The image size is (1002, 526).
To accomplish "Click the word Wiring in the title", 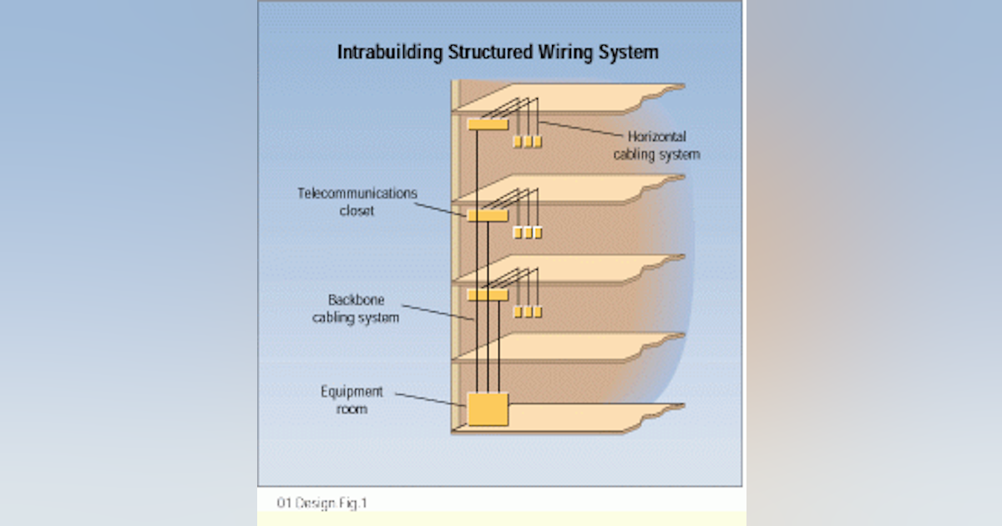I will [x=557, y=52].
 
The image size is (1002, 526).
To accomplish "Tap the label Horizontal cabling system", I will [x=656, y=145].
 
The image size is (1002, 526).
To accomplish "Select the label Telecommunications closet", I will [x=357, y=202].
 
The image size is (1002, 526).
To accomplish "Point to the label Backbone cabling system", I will [x=357, y=308].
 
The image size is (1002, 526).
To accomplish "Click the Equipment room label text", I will [x=352, y=400].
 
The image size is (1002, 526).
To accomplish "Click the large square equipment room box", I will [x=488, y=410].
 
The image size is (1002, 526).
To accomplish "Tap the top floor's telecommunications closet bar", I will [x=488, y=124].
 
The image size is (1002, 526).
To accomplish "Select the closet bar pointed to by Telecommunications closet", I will [x=488, y=215].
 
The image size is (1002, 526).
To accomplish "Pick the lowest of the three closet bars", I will [x=488, y=295].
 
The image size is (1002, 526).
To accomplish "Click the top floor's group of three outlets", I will [x=528, y=142].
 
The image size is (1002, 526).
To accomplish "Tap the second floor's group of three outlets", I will [x=528, y=233].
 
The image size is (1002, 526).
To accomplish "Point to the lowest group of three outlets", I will [x=528, y=311].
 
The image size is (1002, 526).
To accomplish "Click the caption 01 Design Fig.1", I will [x=322, y=503].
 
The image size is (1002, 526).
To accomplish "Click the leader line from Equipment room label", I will [x=430, y=399].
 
